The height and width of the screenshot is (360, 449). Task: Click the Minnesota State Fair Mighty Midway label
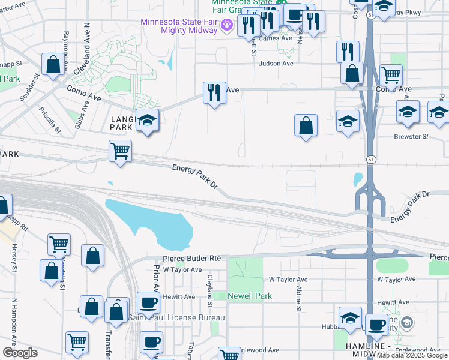click(x=178, y=26)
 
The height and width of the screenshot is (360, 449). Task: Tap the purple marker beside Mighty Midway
click(x=226, y=25)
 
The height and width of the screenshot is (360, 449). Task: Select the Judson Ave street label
click(x=276, y=63)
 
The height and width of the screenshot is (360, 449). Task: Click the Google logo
click(x=20, y=353)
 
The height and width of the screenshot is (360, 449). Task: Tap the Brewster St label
click(x=411, y=136)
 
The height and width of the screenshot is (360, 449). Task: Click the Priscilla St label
click(x=50, y=120)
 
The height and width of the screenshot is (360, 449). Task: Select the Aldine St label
click(x=298, y=298)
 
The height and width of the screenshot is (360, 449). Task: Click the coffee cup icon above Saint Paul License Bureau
click(x=148, y=302)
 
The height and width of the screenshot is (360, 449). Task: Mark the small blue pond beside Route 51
click(x=358, y=179)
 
